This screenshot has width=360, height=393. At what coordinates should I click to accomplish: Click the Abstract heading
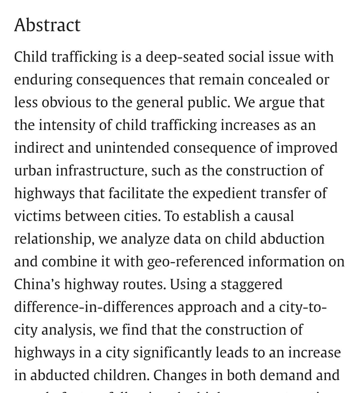click(x=47, y=25)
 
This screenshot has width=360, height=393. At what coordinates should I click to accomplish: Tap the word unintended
click(x=132, y=148)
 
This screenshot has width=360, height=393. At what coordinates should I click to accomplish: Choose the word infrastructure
click(x=101, y=170)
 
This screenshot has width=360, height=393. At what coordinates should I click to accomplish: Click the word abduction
click(x=292, y=239)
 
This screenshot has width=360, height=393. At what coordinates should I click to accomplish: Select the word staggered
click(x=251, y=284)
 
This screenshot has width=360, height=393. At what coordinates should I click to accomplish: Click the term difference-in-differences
click(x=94, y=307)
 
